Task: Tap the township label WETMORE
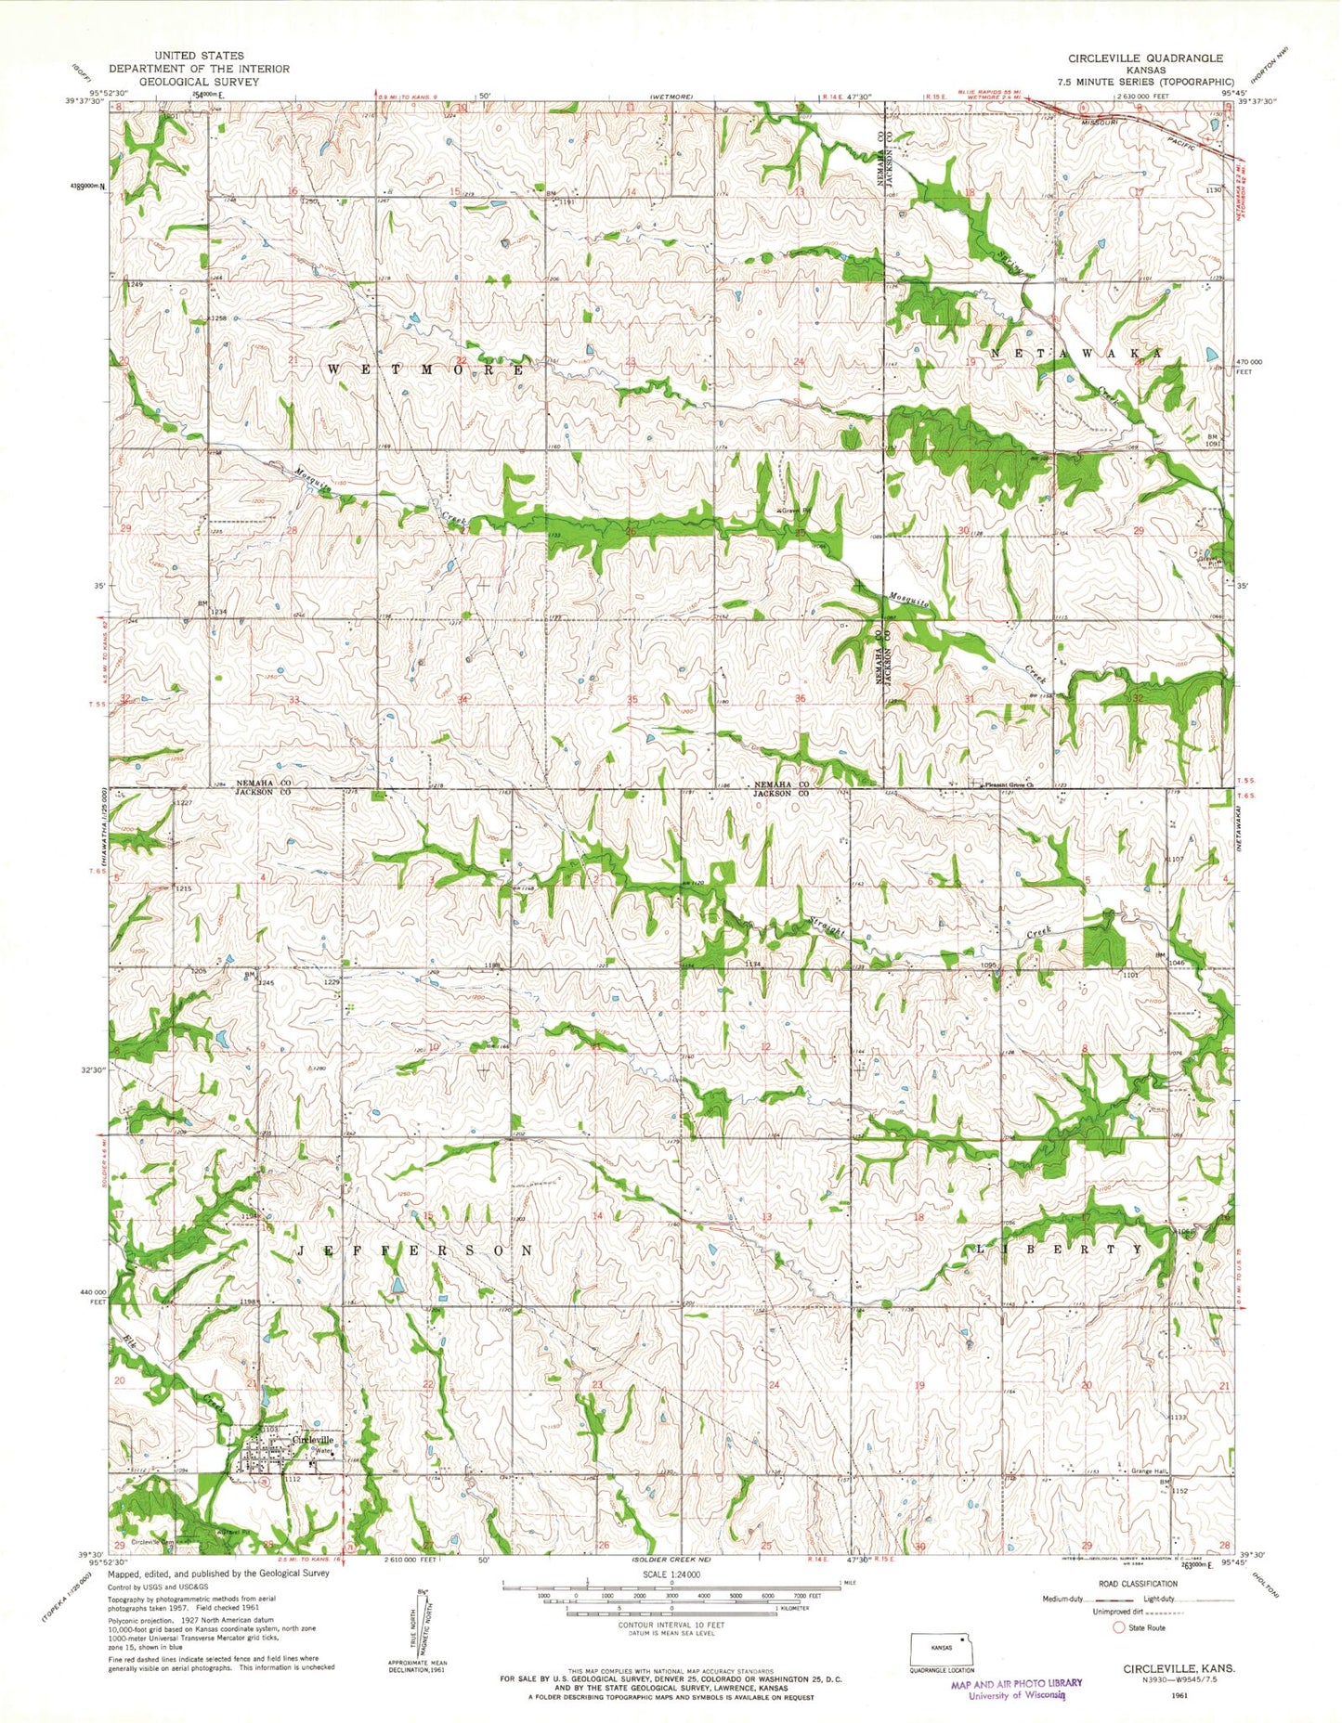point(426,369)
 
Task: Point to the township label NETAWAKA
point(1076,354)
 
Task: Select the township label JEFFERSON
point(415,1250)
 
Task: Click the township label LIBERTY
point(1059,1250)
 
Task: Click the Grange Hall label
point(1151,1497)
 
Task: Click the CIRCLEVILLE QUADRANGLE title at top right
point(1145,58)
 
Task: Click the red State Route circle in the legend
point(1118,1627)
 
